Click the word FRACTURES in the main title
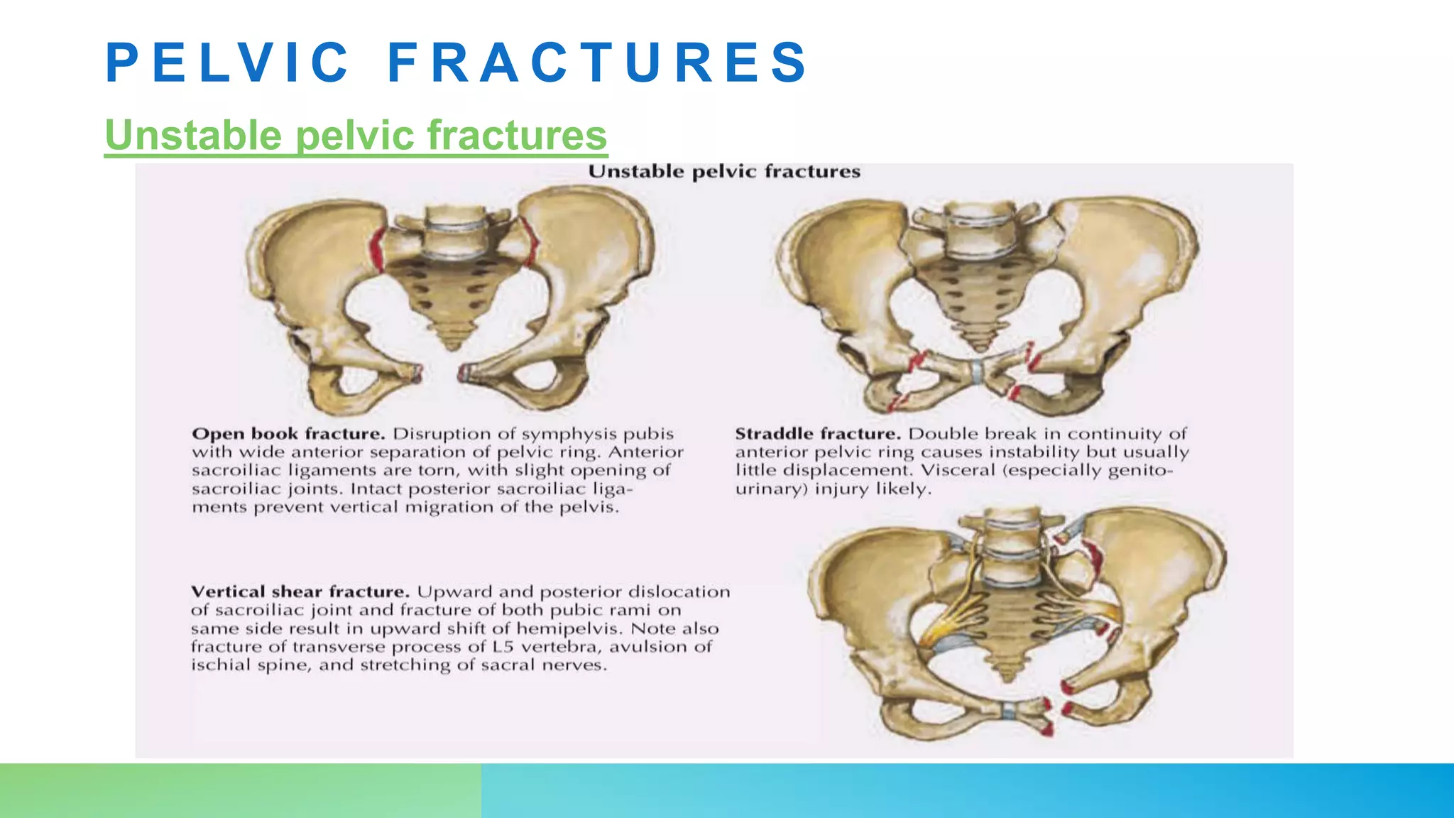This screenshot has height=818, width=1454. click(598, 62)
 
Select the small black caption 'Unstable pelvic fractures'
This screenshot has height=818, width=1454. click(724, 172)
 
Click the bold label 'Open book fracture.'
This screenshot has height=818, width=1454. click(288, 434)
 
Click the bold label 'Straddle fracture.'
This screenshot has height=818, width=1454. click(818, 434)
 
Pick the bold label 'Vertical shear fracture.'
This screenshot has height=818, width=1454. click(300, 592)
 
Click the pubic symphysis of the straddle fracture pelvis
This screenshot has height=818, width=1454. click(978, 370)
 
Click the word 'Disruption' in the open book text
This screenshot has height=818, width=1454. click(431, 434)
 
